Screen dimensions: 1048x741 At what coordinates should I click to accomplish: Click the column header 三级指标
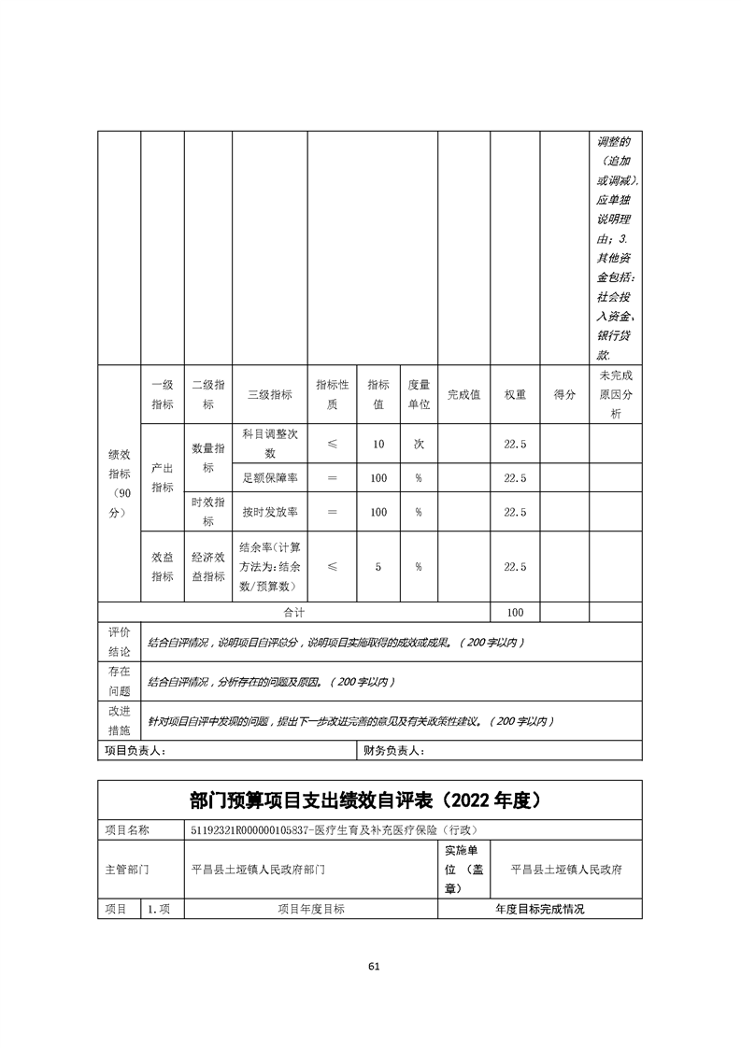pyautogui.click(x=269, y=394)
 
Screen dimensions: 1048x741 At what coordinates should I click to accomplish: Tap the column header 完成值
pyautogui.click(x=463, y=394)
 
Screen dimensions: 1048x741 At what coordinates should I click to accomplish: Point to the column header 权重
pyautogui.click(x=515, y=394)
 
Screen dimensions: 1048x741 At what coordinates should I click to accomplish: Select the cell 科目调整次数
pyautogui.click(x=269, y=444)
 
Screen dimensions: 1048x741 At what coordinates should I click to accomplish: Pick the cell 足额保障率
pyautogui.click(x=269, y=477)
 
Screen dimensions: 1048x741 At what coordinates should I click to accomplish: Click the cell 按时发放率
pyautogui.click(x=269, y=512)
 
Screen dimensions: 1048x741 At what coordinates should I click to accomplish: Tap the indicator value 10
pyautogui.click(x=378, y=444)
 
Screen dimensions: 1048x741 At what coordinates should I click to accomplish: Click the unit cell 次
pyautogui.click(x=419, y=444)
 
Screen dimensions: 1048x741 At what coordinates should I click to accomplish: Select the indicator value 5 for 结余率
pyautogui.click(x=378, y=566)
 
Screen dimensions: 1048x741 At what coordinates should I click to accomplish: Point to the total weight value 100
pyautogui.click(x=515, y=612)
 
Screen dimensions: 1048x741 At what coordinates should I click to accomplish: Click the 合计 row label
pyautogui.click(x=294, y=612)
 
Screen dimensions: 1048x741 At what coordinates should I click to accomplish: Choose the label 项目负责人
pyautogui.click(x=134, y=750)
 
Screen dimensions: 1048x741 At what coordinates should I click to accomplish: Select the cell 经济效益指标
pyautogui.click(x=208, y=566)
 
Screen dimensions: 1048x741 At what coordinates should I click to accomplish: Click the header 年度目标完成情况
pyautogui.click(x=539, y=909)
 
